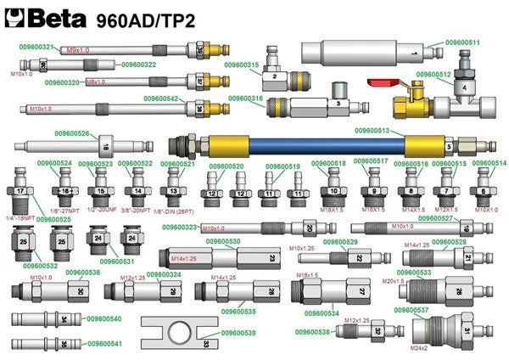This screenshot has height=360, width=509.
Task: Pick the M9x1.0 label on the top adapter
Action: click(x=77, y=50)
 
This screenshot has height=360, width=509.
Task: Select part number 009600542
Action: click(x=161, y=99)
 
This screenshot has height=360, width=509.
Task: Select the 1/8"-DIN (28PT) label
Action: click(x=174, y=210)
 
